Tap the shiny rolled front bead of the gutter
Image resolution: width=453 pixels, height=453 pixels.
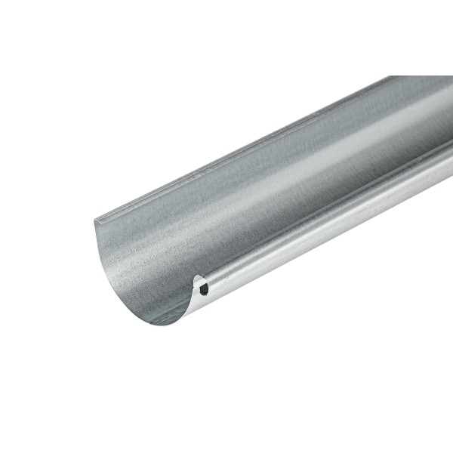[317, 226]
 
